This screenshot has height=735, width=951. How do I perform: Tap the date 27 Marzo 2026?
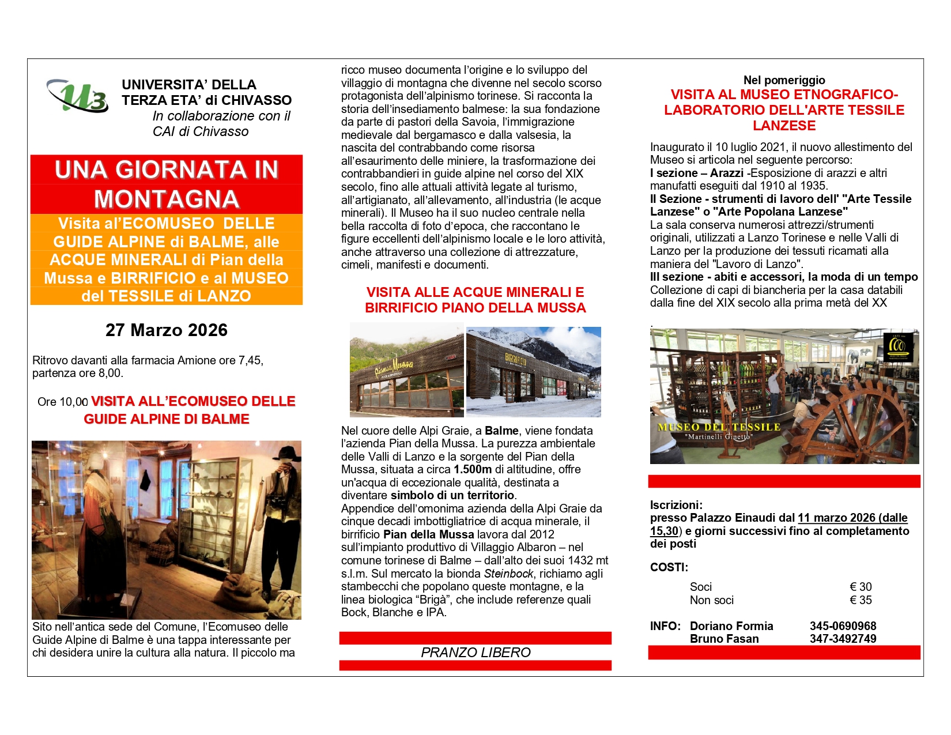click(x=166, y=330)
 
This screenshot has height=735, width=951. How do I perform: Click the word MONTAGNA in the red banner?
click(x=166, y=199)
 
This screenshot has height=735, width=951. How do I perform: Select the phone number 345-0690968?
click(x=843, y=626)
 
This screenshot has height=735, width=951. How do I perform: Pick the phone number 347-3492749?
click(x=843, y=639)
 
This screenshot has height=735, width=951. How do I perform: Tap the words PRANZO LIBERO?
click(x=476, y=653)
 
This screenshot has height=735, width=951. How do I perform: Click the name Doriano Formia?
click(x=731, y=626)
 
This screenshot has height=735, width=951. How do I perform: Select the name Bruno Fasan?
click(x=724, y=639)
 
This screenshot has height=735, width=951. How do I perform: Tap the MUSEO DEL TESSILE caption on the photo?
click(x=719, y=427)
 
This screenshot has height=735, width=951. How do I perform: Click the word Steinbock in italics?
click(x=508, y=574)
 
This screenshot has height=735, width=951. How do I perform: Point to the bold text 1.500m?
click(x=473, y=469)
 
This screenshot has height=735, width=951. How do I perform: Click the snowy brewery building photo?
click(x=533, y=372)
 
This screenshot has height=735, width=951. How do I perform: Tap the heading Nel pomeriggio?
click(x=784, y=80)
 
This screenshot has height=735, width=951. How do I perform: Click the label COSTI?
click(x=669, y=567)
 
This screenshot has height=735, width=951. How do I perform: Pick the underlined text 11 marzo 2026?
click(x=835, y=518)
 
